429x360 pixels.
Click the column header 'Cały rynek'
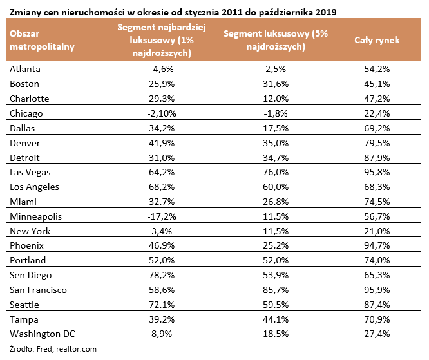click(x=377, y=40)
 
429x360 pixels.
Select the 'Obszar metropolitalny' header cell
click(x=42, y=40)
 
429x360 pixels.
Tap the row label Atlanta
click(x=25, y=69)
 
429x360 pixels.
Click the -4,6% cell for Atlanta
click(x=162, y=69)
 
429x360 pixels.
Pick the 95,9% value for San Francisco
click(x=377, y=290)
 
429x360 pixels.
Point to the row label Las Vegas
click(x=30, y=173)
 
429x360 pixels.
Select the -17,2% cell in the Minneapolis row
click(x=162, y=216)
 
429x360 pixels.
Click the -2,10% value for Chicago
click(x=162, y=113)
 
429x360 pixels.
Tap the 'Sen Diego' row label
click(x=31, y=275)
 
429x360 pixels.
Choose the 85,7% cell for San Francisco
click(x=276, y=290)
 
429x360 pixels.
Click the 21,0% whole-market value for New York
click(x=377, y=231)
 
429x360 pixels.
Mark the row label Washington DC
click(x=43, y=334)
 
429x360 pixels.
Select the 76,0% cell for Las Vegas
click(x=276, y=172)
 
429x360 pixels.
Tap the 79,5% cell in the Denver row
click(x=377, y=143)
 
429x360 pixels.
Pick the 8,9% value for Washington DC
click(x=162, y=334)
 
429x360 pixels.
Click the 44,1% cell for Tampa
click(x=276, y=319)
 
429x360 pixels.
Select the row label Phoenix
click(x=26, y=245)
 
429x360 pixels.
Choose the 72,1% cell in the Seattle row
click(x=162, y=305)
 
